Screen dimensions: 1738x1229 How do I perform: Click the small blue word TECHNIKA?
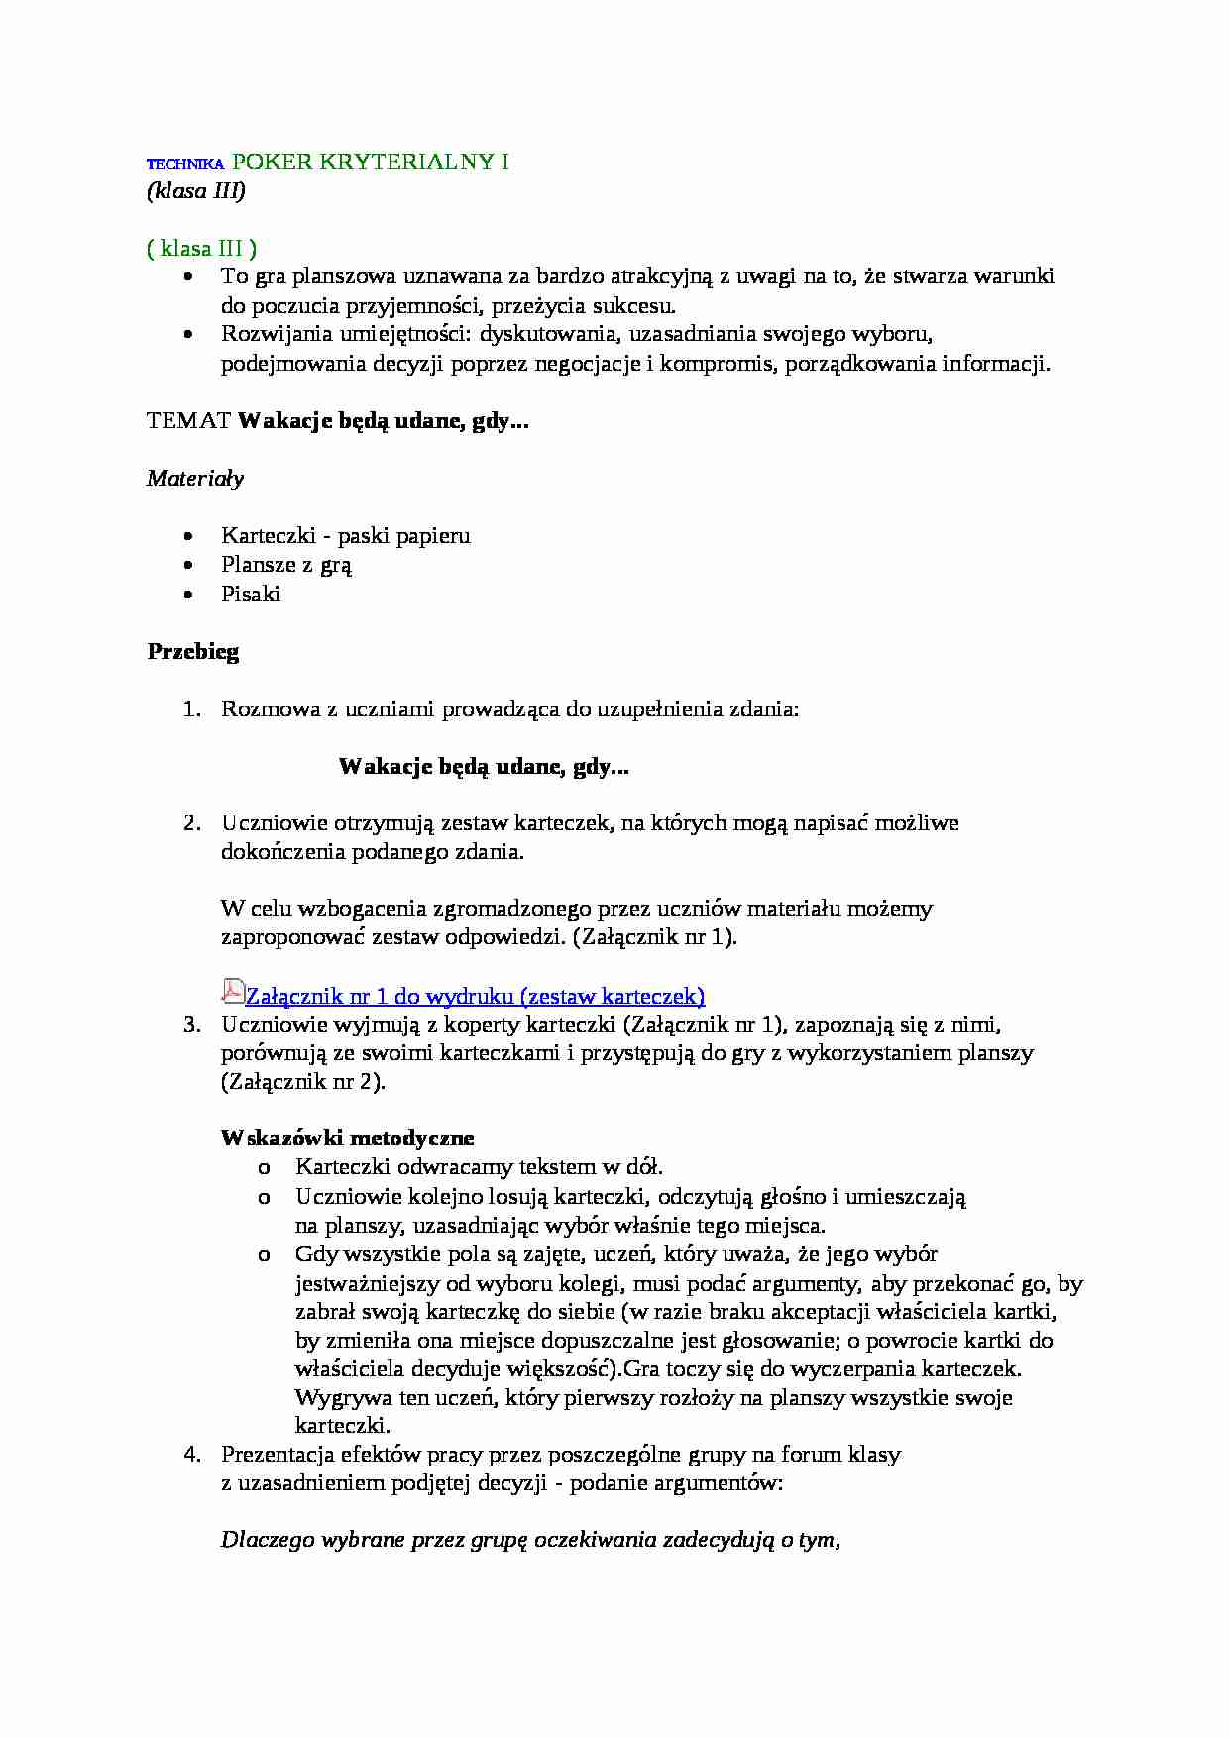185,165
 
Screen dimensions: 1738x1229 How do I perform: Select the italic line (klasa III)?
195,191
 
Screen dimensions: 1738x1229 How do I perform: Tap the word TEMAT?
188,421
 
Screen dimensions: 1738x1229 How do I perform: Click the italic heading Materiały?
195,479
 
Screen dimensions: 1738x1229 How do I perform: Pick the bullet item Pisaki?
251,594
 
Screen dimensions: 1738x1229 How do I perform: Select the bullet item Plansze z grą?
286,565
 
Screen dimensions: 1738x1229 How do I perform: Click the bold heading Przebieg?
193,652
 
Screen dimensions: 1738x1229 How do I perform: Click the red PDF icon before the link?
232,992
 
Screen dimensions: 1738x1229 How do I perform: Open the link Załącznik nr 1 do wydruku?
475,996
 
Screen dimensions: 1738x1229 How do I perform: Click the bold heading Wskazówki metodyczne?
347,1139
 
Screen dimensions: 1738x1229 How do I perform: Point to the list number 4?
192,1455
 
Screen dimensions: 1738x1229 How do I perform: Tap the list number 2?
192,822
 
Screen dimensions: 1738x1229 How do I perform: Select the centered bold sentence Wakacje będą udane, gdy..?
484,766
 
